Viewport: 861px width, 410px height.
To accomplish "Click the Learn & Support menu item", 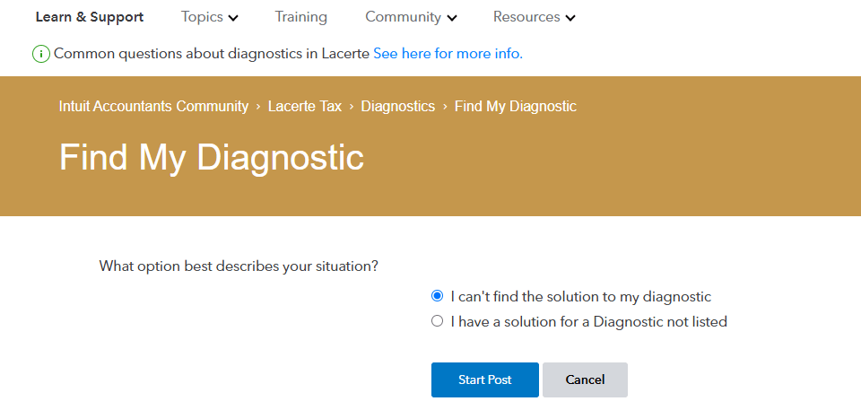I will tap(89, 17).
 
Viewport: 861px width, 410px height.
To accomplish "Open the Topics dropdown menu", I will tap(209, 17).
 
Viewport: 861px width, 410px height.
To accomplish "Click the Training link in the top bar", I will tap(301, 17).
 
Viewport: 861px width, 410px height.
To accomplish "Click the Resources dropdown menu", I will tap(534, 17).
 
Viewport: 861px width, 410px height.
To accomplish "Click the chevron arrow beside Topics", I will tap(233, 18).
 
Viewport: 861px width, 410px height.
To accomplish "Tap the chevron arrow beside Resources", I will tap(570, 18).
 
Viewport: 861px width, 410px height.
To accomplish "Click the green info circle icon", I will tap(41, 54).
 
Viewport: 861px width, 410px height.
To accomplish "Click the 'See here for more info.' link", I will tap(448, 54).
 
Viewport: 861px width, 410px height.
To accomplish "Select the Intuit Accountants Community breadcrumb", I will tap(153, 106).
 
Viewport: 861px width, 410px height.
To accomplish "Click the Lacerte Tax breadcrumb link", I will tap(305, 106).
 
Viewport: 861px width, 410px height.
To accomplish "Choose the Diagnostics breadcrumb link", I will tap(398, 106).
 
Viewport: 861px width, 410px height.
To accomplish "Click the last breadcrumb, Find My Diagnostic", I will tap(516, 106).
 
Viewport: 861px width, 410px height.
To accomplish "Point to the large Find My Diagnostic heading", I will tap(212, 157).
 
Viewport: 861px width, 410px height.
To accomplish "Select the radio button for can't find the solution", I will tap(438, 296).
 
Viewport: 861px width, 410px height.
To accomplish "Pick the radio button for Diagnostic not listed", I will tap(438, 321).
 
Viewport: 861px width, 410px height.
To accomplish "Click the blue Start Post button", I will tap(485, 379).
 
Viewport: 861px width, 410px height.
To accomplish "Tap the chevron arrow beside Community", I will tap(451, 18).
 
